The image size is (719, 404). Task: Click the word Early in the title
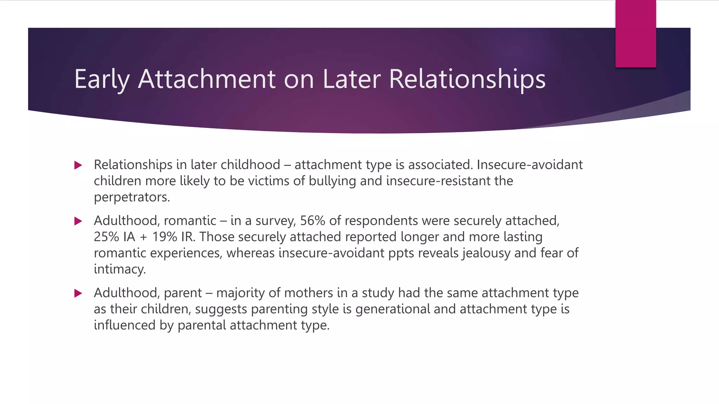(x=102, y=79)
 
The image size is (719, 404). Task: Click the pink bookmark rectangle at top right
(x=635, y=34)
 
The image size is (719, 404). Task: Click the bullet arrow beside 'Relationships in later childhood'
(x=78, y=165)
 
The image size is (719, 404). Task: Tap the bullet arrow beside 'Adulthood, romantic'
(x=78, y=221)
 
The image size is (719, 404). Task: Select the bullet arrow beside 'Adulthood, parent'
(x=78, y=293)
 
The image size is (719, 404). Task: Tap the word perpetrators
(x=132, y=197)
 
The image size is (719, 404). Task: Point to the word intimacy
(x=119, y=269)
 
